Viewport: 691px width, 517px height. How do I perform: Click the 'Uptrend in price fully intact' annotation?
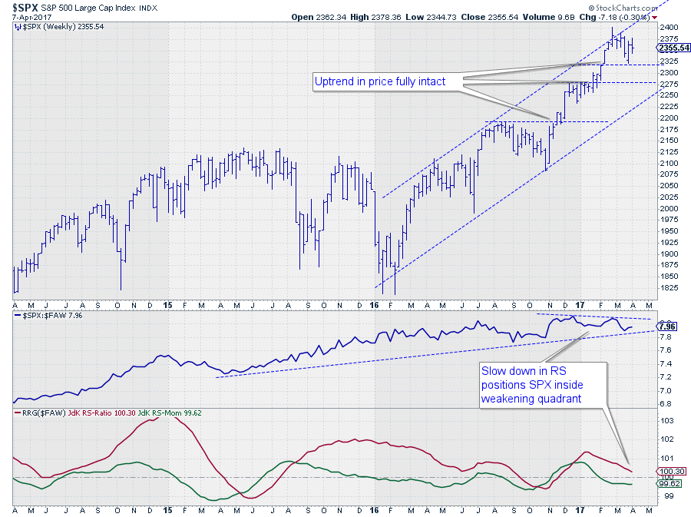(x=389, y=81)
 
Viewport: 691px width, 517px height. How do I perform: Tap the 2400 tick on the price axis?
(x=670, y=28)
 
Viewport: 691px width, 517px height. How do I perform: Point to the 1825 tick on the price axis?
(x=670, y=287)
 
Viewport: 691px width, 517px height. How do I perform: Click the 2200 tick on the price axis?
(x=670, y=118)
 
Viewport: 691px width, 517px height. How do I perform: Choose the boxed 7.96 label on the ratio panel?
(x=669, y=326)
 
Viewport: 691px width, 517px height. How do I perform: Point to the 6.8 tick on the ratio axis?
(x=666, y=403)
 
